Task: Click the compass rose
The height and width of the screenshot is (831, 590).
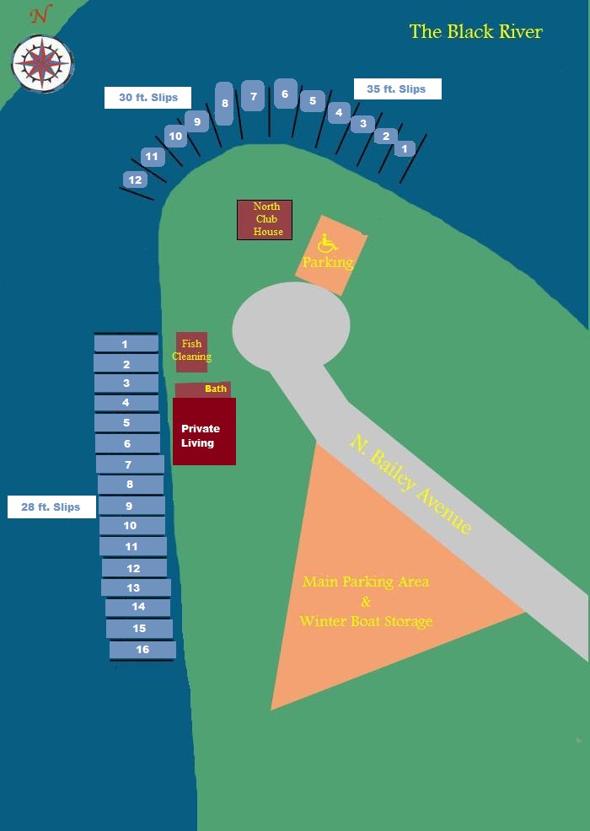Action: point(42,63)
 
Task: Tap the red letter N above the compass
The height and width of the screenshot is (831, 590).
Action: point(39,16)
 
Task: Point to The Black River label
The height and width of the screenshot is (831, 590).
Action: point(475,32)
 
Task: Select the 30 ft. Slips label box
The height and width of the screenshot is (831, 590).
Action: point(147,98)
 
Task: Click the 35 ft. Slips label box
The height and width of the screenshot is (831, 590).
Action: point(398,89)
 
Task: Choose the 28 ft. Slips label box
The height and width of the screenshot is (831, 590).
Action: point(51,507)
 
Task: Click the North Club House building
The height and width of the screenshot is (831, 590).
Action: point(265,219)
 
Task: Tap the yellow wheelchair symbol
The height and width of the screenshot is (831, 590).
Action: point(328,244)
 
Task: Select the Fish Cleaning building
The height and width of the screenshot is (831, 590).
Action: point(192,352)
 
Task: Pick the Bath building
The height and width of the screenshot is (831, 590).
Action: point(203,389)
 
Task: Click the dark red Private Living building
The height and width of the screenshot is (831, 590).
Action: point(204,432)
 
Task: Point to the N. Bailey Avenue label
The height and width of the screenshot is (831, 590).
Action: point(410,485)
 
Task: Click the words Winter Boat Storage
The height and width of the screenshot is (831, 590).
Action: point(366,620)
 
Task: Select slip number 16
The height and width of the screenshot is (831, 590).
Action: point(142,650)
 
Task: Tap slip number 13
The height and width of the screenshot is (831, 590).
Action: point(137,587)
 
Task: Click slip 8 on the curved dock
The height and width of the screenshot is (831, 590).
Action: point(225,104)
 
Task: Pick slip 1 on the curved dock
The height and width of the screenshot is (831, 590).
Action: point(405,148)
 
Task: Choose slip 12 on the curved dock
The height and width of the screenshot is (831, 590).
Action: point(135,180)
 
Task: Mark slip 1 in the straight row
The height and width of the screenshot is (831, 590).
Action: point(126,344)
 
